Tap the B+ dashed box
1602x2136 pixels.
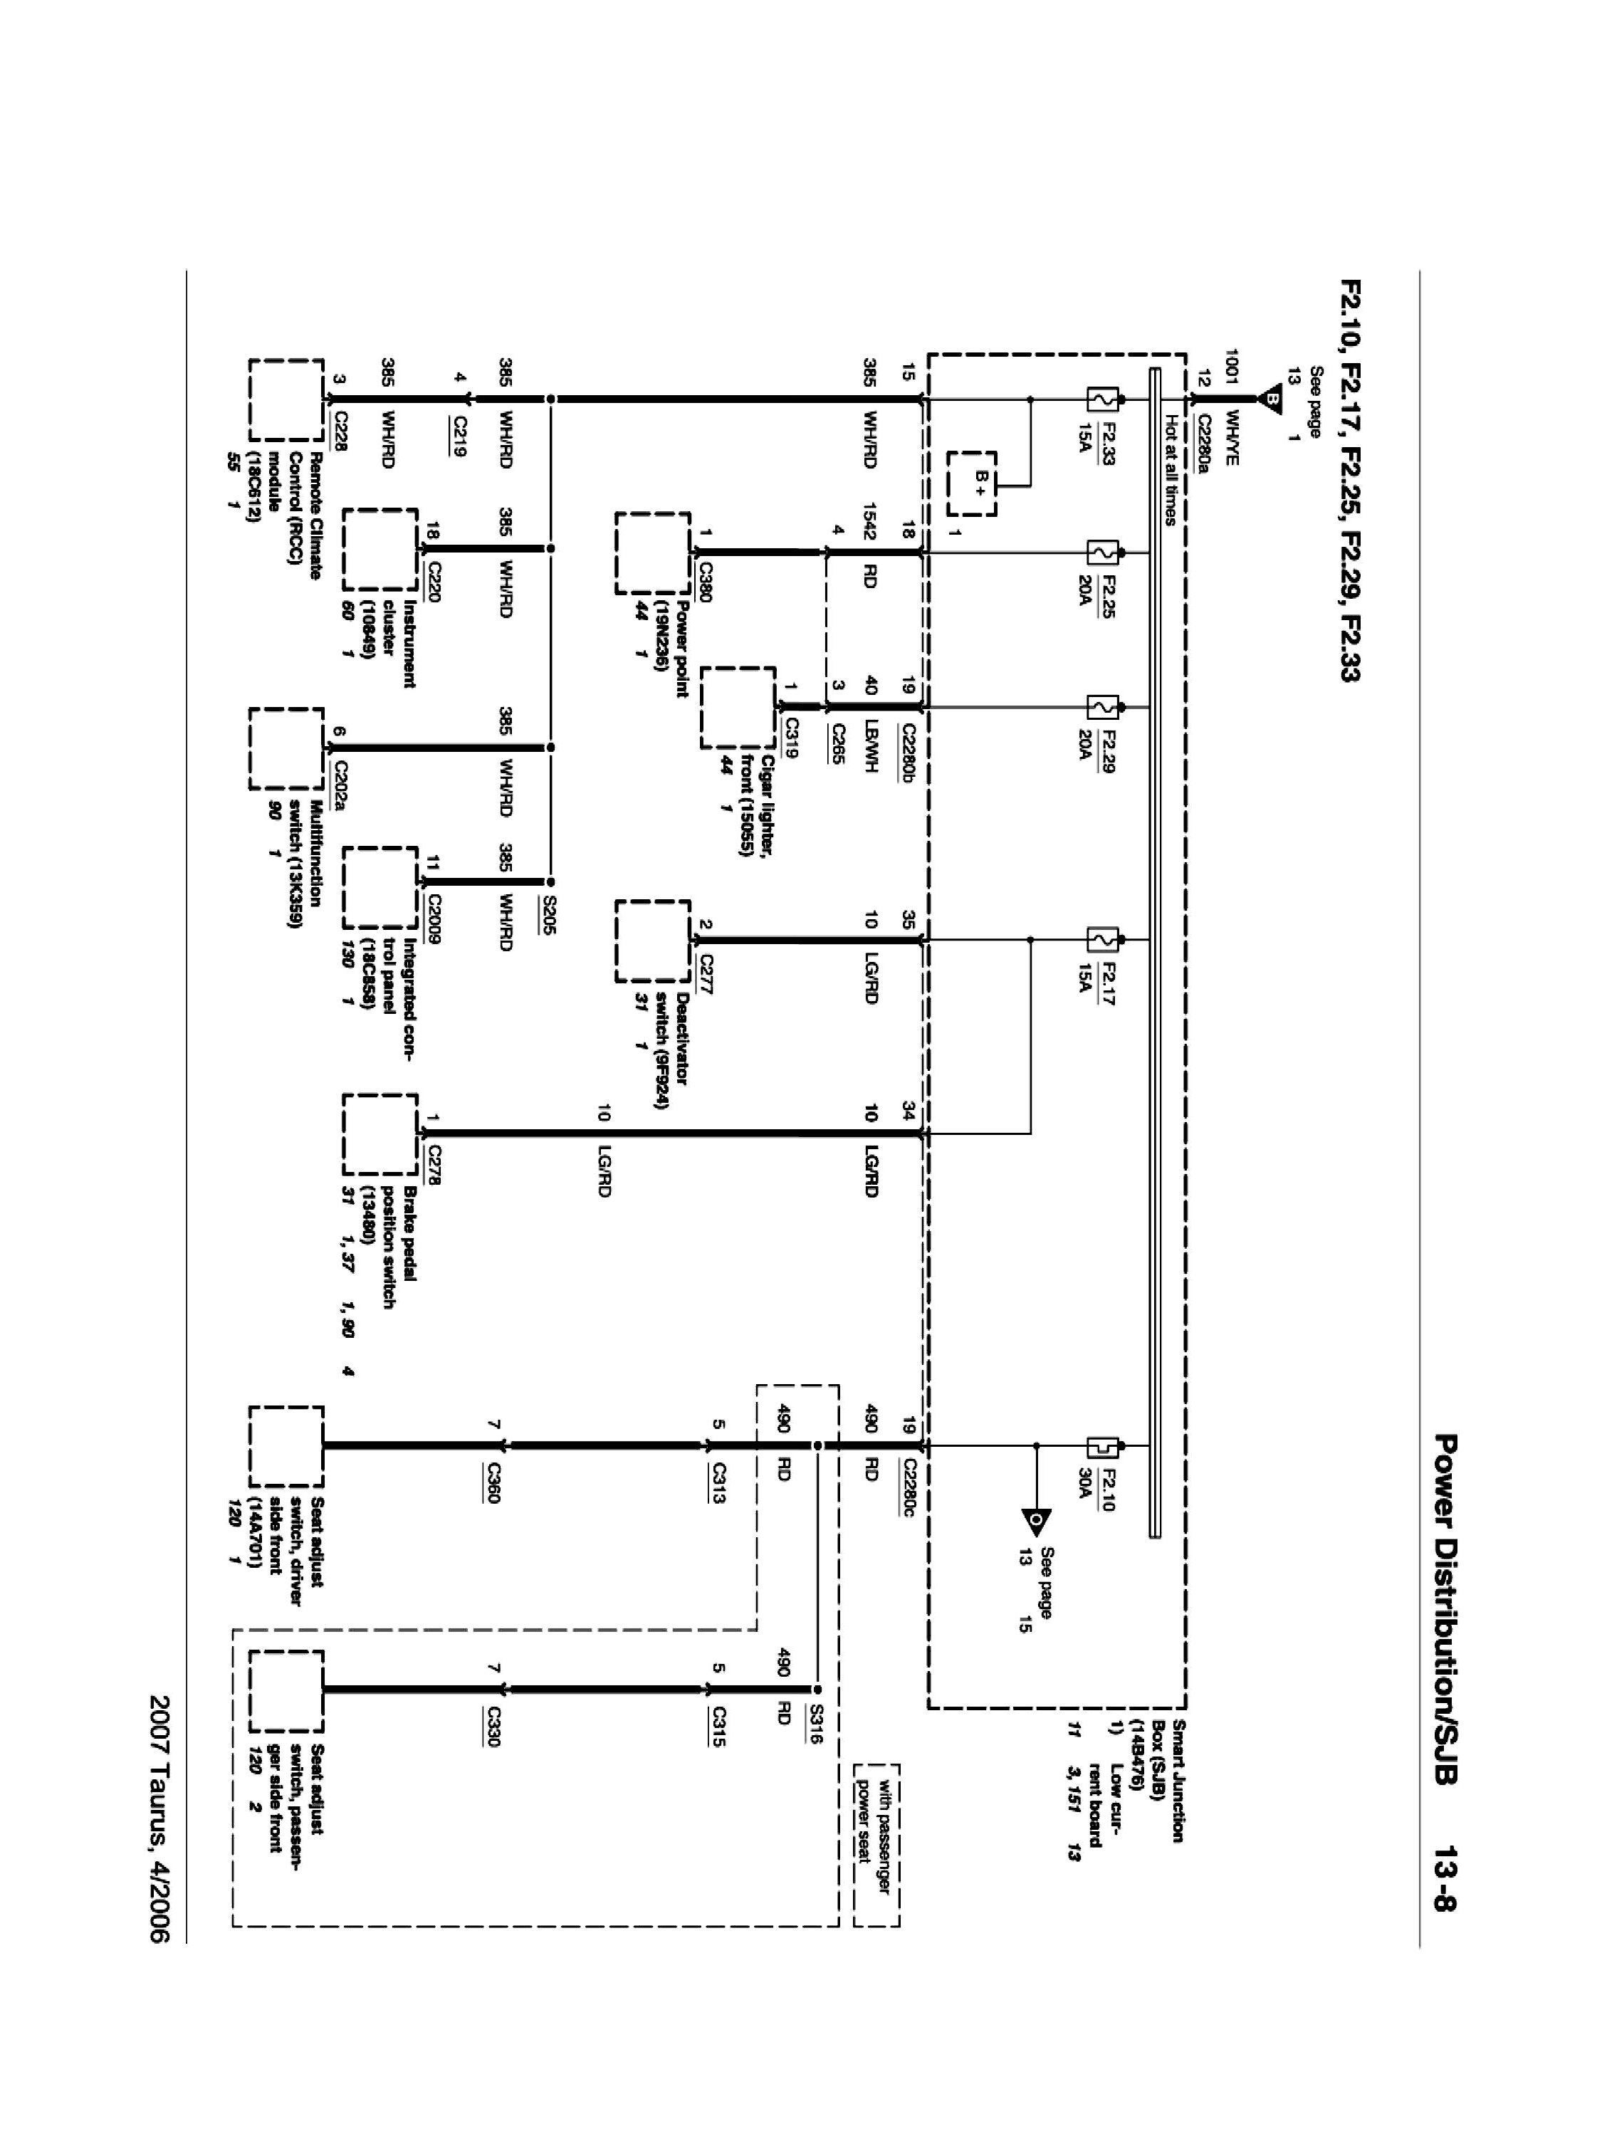[x=970, y=483]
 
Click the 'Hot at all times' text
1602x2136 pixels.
[x=1171, y=469]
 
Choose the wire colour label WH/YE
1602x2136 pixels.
[x=1231, y=436]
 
